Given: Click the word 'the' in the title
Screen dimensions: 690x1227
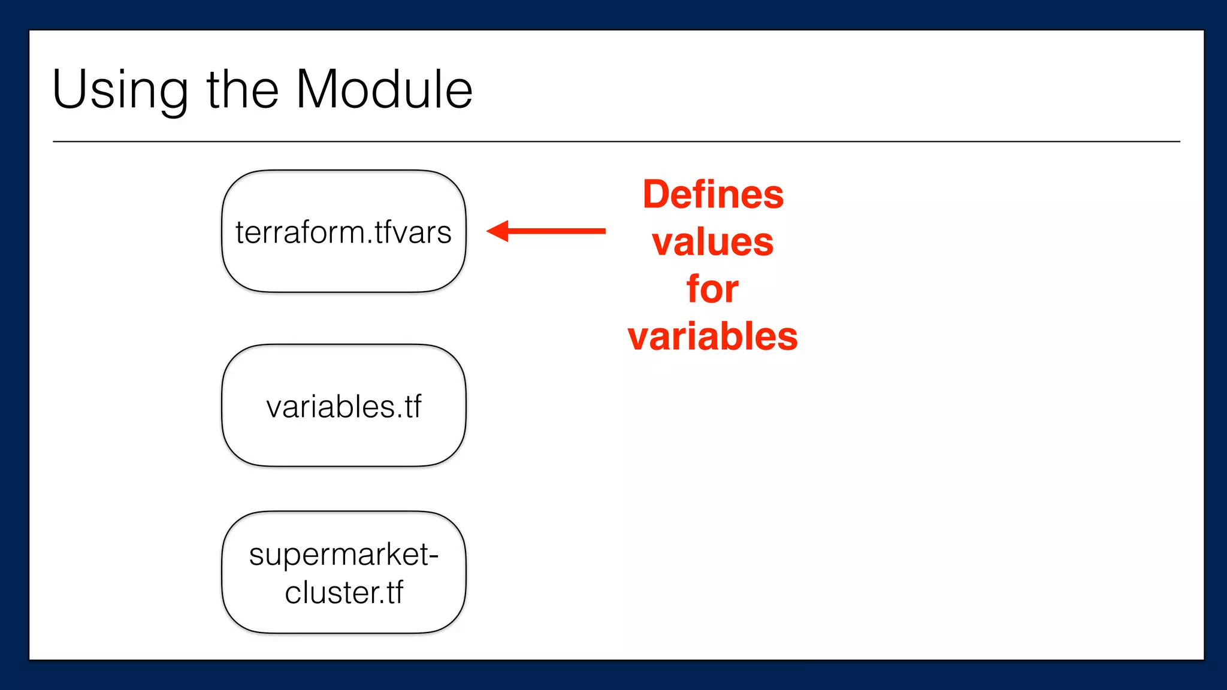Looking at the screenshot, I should pos(243,90).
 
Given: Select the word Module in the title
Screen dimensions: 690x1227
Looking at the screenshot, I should pos(384,90).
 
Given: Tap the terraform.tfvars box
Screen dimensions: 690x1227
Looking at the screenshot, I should pos(343,232).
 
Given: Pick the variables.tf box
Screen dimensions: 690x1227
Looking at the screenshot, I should pos(343,406).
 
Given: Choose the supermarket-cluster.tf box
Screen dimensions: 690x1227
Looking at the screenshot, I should pos(343,573).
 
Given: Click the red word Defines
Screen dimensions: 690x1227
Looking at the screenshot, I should pos(713,195).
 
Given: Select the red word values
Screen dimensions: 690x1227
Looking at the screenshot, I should pos(713,243).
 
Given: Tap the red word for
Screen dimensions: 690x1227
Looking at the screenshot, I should pos(712,289).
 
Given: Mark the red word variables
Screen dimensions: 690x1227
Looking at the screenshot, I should pos(713,337).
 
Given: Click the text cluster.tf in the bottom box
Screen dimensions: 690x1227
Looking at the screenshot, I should pos(343,592).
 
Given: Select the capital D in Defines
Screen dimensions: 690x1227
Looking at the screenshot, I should pos(657,195).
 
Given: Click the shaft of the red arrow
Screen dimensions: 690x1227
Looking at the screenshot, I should pos(557,231).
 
